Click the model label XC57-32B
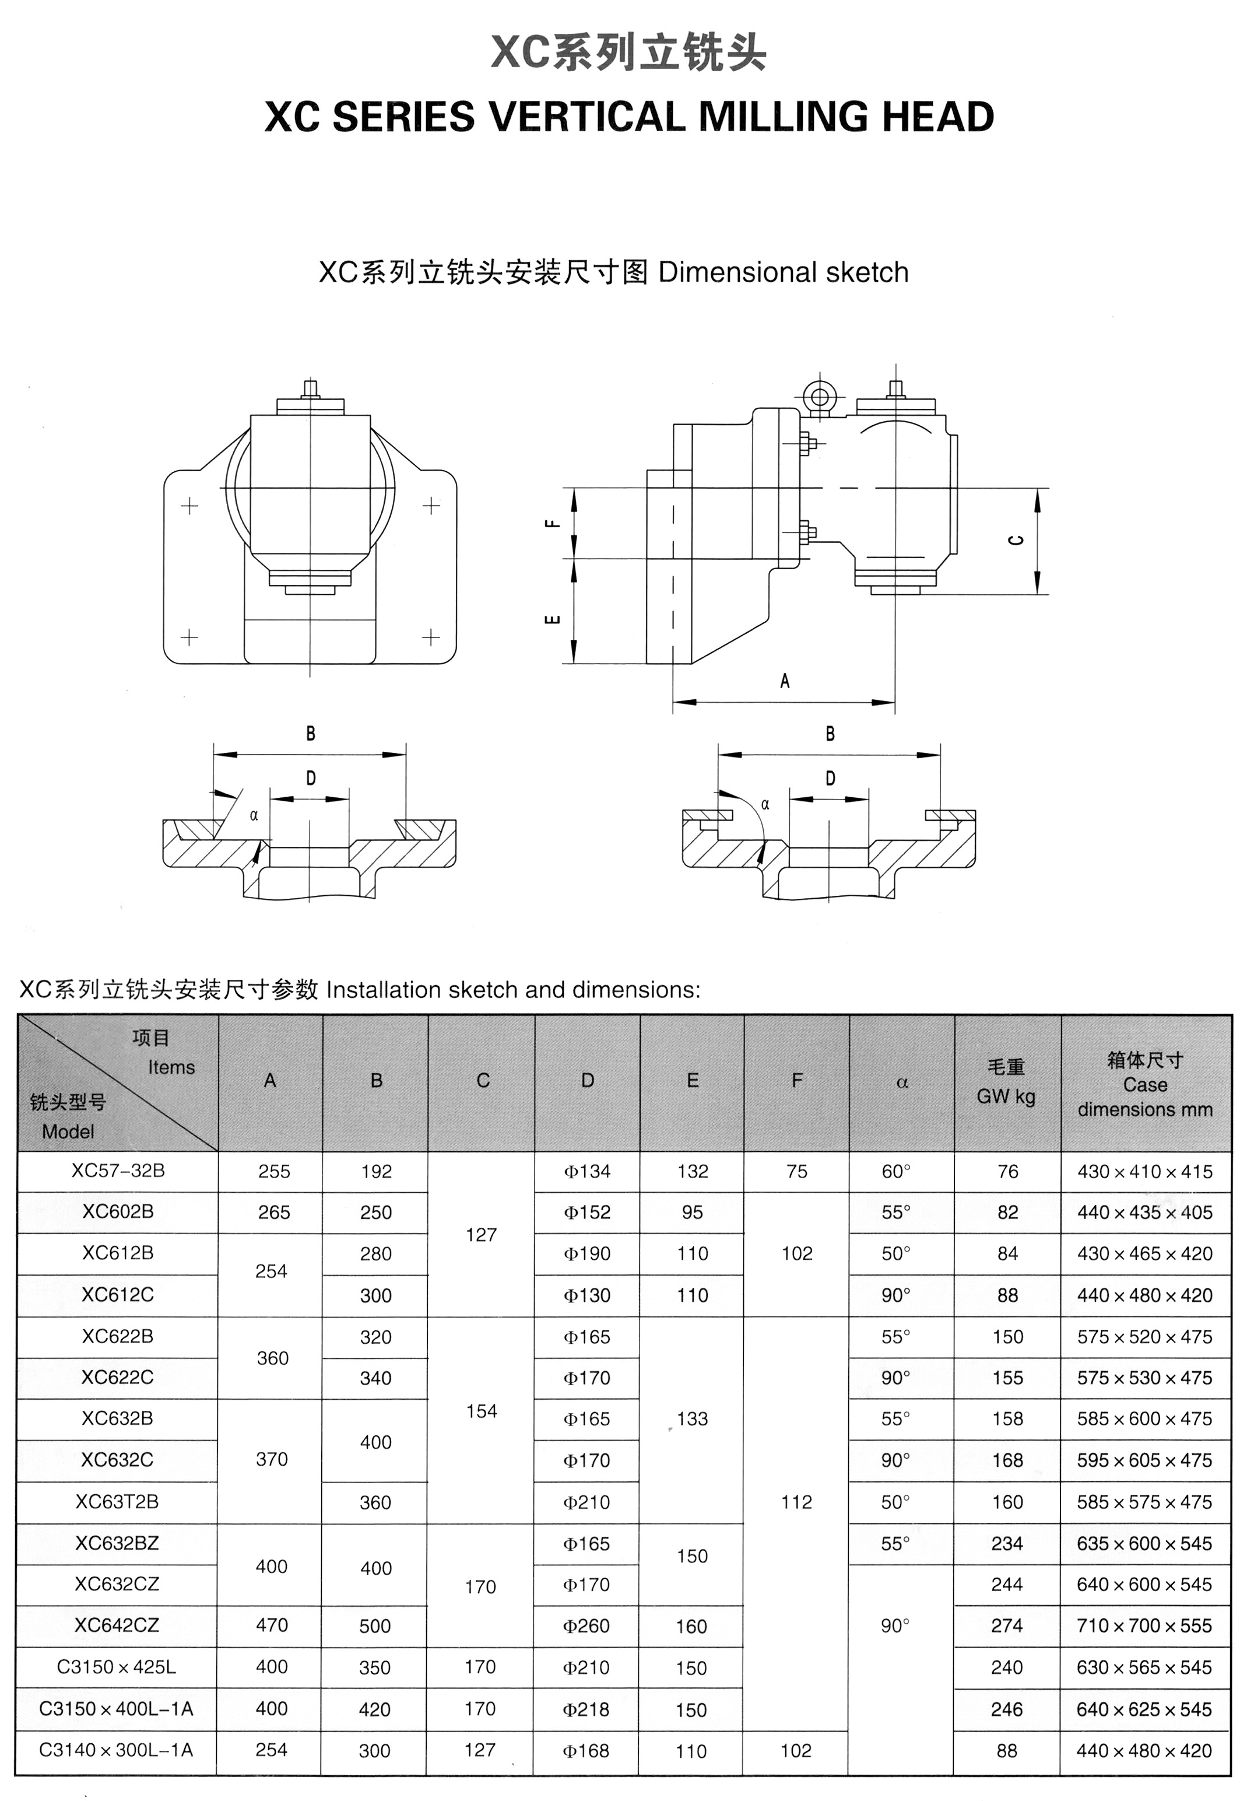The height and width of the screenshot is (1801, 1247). pyautogui.click(x=118, y=1170)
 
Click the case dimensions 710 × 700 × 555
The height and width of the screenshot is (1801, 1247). pyautogui.click(x=1144, y=1625)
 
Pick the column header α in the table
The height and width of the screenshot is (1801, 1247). pyautogui.click(x=902, y=1082)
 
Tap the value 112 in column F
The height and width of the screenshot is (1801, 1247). pyautogui.click(x=796, y=1502)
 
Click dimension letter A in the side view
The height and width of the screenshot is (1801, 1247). pyautogui.click(x=785, y=681)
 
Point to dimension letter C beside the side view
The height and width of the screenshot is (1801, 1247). pyautogui.click(x=1016, y=540)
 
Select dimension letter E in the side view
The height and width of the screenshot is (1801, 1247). pyautogui.click(x=552, y=620)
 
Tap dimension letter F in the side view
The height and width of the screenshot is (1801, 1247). pyautogui.click(x=552, y=524)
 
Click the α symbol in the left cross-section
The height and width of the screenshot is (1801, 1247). pyautogui.click(x=254, y=815)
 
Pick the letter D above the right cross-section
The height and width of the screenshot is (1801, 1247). pyautogui.click(x=830, y=778)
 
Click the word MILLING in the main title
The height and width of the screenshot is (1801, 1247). pyautogui.click(x=784, y=117)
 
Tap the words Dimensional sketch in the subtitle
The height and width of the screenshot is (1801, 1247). pyautogui.click(x=783, y=272)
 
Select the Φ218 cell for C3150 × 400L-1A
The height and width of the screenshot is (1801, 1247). pyautogui.click(x=586, y=1709)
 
